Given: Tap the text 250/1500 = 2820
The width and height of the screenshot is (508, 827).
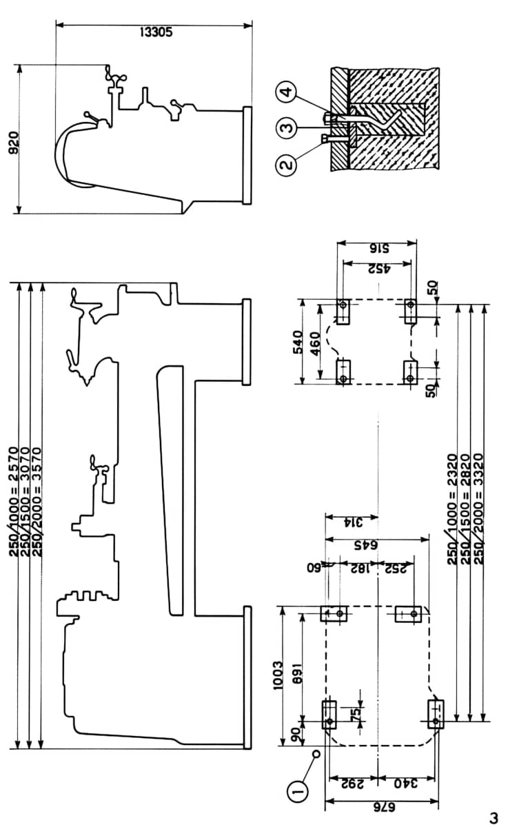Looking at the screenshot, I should point(467,509).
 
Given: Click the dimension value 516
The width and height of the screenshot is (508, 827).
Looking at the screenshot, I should point(378,249).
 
